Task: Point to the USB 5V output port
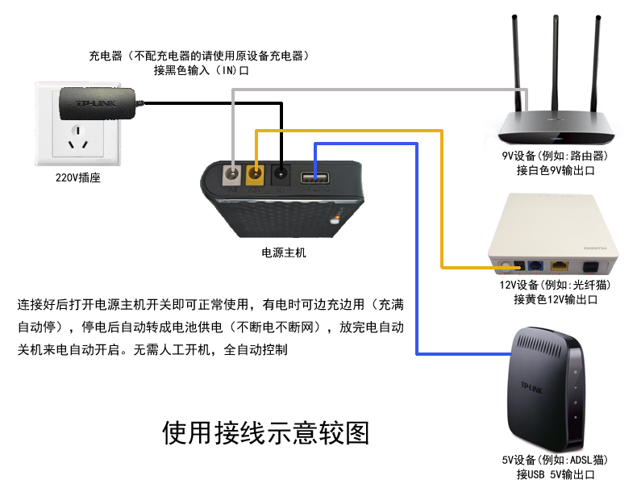click(314, 178)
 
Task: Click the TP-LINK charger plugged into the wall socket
click(95, 103)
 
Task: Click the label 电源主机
click(284, 252)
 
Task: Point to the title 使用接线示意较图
click(266, 433)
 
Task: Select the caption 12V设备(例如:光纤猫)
click(555, 286)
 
